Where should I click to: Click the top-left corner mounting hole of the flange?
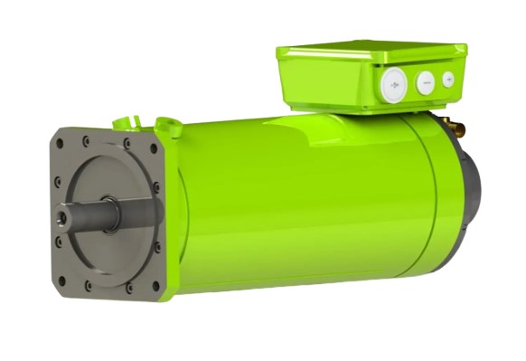point(62,138)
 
